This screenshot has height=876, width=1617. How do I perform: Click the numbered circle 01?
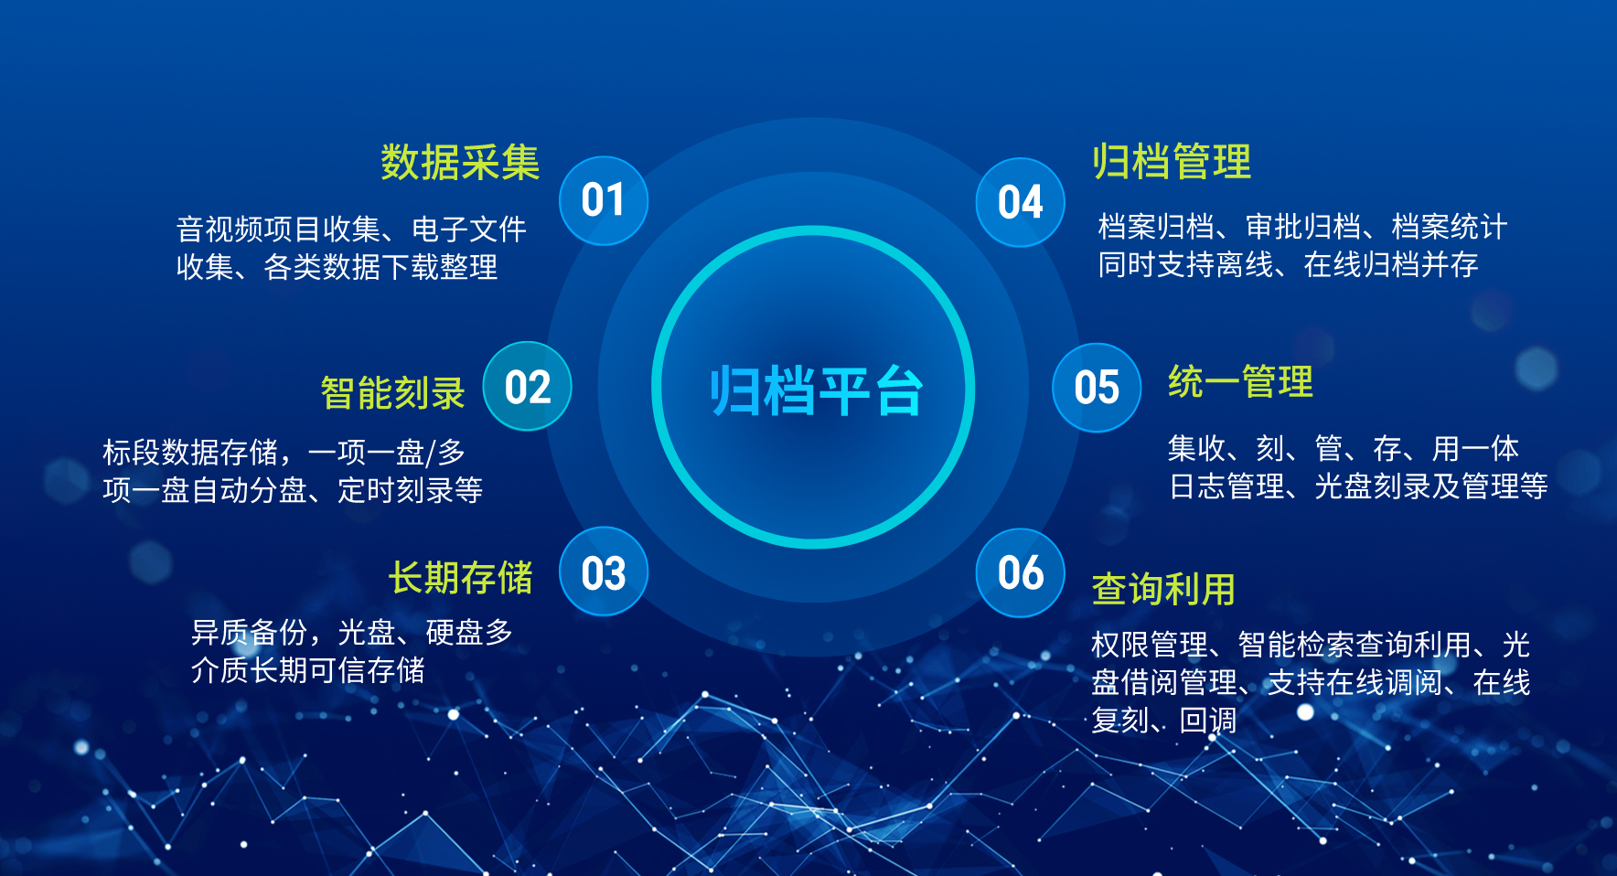click(603, 200)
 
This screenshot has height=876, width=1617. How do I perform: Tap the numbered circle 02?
click(527, 387)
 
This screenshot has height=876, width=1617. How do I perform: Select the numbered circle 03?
click(603, 572)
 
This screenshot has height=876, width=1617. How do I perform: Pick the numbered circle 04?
click(1020, 202)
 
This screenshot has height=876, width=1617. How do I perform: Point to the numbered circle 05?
click(1096, 388)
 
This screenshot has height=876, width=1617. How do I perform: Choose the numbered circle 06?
click(1020, 573)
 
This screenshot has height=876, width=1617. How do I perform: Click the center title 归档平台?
click(815, 390)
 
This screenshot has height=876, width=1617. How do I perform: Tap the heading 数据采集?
click(460, 163)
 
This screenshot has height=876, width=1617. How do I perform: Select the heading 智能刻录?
click(392, 393)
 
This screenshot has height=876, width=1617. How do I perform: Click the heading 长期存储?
click(460, 578)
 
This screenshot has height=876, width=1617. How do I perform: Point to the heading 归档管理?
click(1172, 162)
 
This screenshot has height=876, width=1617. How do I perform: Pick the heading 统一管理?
click(1240, 382)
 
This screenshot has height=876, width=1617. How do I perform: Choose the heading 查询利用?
click(1163, 590)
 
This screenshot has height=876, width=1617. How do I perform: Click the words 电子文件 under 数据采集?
click(469, 229)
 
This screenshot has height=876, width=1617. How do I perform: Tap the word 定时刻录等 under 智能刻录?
click(410, 490)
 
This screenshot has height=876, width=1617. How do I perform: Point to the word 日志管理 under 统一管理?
click(1227, 486)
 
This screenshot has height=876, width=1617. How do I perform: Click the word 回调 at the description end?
click(1207, 721)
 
